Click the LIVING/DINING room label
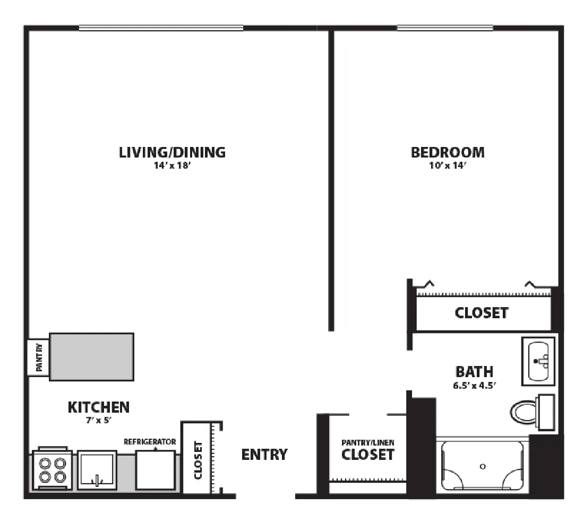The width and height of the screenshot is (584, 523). pos(172,152)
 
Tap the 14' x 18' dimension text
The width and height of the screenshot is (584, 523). pos(172,165)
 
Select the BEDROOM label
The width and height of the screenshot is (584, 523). pos(448,152)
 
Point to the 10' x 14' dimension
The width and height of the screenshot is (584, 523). pos(448,165)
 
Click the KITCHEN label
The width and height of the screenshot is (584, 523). pos(99,407)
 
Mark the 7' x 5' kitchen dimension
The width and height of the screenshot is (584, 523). pos(99,421)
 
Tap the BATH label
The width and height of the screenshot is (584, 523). pos(475,371)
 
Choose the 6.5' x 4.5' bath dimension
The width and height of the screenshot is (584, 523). pos(475,385)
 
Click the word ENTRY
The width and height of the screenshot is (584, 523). pos(264,455)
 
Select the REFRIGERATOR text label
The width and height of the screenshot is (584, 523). pos(150,442)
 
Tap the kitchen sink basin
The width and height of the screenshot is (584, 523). pos(97,470)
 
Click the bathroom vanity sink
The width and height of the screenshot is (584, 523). pos(538,361)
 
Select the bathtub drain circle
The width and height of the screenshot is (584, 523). pos(483,466)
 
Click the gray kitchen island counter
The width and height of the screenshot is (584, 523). pos(92,357)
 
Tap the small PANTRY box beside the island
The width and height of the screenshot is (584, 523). pos(38,358)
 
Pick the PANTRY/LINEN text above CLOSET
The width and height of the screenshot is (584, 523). pos(368,442)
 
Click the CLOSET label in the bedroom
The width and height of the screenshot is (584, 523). pos(482,312)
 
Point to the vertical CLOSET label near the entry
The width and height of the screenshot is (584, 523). pos(198,460)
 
